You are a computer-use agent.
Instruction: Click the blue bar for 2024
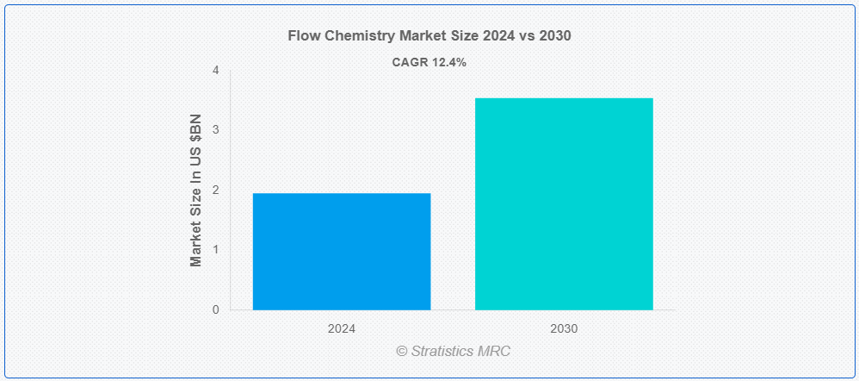click(342, 252)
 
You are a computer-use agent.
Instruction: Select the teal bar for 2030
click(564, 203)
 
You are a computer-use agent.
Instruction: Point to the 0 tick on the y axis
click(216, 309)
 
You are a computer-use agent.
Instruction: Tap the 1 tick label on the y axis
click(216, 250)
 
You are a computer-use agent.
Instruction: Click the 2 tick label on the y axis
click(216, 190)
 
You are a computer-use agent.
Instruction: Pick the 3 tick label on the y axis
click(216, 130)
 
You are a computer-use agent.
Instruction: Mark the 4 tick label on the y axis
click(216, 71)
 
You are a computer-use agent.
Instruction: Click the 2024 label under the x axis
click(342, 329)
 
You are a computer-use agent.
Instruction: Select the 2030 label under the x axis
click(564, 329)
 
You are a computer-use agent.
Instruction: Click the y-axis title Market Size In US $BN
click(196, 190)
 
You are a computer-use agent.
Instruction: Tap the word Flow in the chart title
click(300, 36)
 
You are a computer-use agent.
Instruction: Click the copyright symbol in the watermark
click(402, 352)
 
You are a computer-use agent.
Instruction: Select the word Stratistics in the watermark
click(444, 352)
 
